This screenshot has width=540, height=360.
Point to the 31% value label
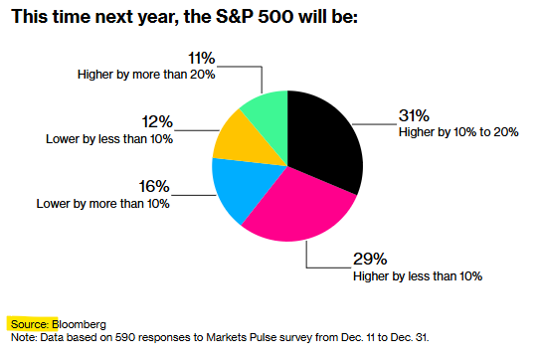[414, 115]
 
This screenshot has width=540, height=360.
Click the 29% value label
[370, 260]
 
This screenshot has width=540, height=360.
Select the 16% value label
[154, 187]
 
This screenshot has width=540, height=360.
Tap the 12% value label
[157, 122]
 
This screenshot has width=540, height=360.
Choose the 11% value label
[202, 58]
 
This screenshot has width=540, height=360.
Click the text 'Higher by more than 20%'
[146, 75]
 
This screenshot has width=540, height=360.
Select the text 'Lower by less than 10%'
[109, 139]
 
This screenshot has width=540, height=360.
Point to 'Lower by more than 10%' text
[103, 204]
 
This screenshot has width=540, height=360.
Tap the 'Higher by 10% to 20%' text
[458, 132]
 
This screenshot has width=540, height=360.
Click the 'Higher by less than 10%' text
[418, 276]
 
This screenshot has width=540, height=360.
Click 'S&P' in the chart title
[234, 17]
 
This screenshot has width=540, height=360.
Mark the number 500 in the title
[275, 17]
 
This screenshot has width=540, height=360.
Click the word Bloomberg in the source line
[79, 324]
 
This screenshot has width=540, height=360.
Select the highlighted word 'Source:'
[30, 324]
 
